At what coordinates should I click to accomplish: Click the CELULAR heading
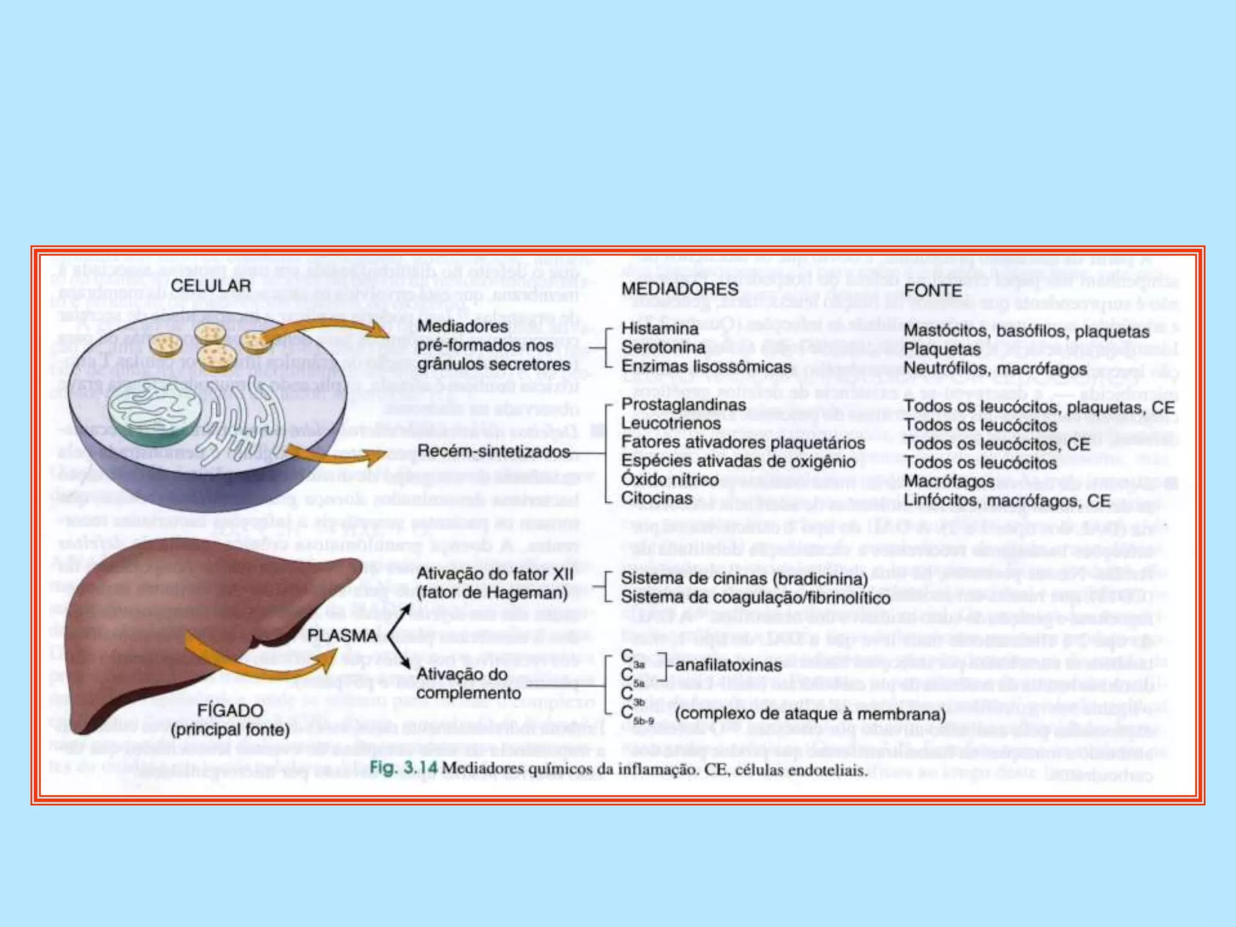point(211,285)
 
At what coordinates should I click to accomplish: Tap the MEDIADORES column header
point(680,289)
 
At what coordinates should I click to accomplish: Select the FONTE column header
point(933,291)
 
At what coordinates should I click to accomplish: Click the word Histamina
point(660,329)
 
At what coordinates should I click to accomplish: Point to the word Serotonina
point(663,348)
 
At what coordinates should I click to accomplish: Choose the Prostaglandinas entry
point(683,404)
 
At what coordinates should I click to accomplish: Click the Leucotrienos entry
point(671,423)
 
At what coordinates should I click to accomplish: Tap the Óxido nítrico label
point(670,480)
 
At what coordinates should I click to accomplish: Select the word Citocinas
point(657,499)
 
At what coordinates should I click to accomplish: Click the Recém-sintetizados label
point(493,451)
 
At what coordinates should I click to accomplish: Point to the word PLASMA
point(342,636)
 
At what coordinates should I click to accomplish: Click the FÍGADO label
point(230,710)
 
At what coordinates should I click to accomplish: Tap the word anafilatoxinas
point(728,666)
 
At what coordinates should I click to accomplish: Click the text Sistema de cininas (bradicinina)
point(744,579)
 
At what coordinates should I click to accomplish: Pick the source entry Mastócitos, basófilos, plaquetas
point(1026,331)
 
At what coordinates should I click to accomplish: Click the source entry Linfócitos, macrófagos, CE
point(1007,501)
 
